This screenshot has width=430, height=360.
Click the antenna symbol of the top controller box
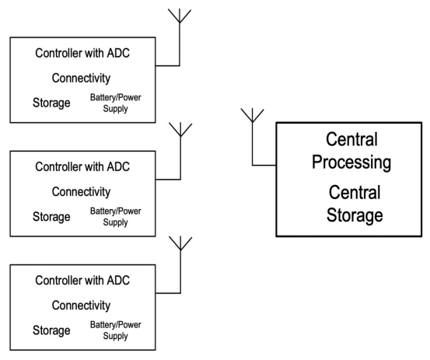[180, 16]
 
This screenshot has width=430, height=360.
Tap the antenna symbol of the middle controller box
[180, 129]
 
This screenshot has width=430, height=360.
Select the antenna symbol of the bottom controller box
[180, 243]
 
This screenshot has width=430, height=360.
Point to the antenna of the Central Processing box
[252, 115]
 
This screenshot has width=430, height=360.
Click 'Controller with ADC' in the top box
[82, 53]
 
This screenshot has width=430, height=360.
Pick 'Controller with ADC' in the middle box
[82, 166]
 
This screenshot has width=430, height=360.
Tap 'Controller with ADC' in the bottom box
[82, 281]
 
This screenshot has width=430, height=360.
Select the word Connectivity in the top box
[81, 78]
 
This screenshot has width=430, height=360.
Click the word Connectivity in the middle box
[81, 192]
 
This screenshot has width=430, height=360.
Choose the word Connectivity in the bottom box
[81, 306]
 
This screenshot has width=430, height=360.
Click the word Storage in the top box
[51, 103]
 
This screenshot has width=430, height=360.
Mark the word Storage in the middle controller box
[51, 217]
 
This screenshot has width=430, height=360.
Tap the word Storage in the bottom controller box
[51, 330]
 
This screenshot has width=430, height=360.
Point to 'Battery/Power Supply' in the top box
[115, 103]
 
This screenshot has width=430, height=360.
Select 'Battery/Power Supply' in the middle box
[115, 217]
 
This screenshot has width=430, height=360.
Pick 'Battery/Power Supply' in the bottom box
[115, 330]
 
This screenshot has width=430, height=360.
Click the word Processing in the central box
[351, 163]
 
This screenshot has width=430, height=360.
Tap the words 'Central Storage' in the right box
[355, 204]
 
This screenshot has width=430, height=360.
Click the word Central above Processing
[351, 139]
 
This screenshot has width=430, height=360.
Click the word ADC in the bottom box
[118, 281]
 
